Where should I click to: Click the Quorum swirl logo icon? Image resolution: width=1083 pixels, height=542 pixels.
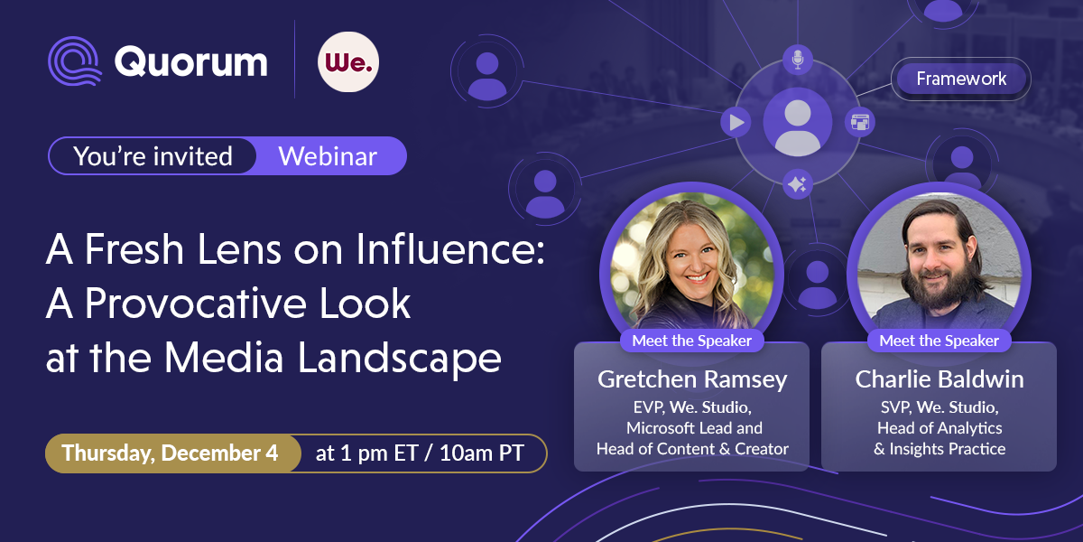click(75, 61)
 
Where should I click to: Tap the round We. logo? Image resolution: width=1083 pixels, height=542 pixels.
click(348, 62)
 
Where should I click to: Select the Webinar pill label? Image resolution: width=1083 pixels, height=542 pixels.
click(328, 155)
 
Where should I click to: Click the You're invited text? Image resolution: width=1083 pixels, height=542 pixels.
click(153, 155)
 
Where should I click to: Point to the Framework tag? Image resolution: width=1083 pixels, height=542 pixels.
click(961, 79)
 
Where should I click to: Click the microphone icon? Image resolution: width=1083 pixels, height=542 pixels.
click(798, 60)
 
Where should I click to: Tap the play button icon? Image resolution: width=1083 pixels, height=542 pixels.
click(736, 122)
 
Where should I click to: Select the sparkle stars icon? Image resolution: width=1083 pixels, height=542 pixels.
click(797, 184)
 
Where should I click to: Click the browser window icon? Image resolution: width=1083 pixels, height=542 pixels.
click(859, 122)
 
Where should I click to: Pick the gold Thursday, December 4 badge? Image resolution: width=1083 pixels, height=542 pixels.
click(172, 453)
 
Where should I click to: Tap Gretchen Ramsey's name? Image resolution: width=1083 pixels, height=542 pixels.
click(692, 379)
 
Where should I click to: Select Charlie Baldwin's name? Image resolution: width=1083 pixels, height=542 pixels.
click(940, 379)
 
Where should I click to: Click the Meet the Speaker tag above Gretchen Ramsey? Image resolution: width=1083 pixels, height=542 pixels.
click(692, 341)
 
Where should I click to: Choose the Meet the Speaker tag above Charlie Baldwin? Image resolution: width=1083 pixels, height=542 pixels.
click(939, 341)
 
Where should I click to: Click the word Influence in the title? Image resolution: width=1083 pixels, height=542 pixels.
click(450, 249)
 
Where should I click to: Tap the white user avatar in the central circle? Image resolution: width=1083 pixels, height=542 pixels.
click(798, 126)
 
